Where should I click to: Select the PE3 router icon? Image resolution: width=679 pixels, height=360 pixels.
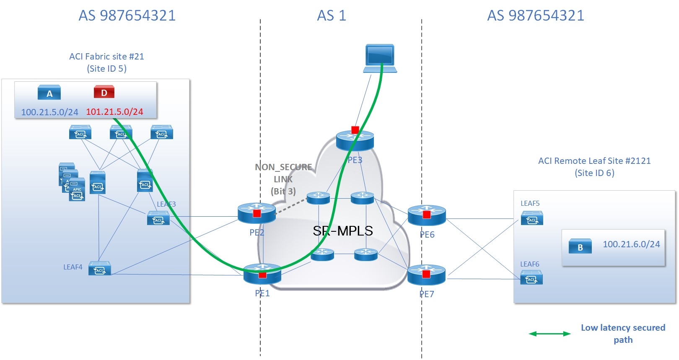[355, 141]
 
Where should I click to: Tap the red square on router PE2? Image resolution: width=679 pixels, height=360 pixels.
[257, 213]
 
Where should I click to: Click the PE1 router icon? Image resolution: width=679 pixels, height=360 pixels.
[262, 274]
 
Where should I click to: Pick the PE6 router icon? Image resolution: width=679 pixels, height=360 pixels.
[427, 215]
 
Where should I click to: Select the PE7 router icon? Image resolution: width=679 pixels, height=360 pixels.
[426, 275]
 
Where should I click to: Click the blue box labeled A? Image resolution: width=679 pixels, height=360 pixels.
[49, 93]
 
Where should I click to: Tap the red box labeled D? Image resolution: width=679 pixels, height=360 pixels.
[104, 92]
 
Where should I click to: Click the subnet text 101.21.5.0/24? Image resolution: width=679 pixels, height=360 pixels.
[114, 112]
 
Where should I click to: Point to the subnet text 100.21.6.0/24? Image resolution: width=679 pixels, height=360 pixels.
[631, 244]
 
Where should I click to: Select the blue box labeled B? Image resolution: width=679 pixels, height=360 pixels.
[580, 246]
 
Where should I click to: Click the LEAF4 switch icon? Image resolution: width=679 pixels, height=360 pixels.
[100, 269]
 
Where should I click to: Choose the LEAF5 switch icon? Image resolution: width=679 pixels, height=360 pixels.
[532, 218]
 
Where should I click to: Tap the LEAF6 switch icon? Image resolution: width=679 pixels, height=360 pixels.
[531, 278]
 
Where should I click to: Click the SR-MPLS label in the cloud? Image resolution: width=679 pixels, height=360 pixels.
[342, 231]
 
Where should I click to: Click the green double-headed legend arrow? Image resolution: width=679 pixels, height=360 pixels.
[549, 334]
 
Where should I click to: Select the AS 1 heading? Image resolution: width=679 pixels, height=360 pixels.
[331, 16]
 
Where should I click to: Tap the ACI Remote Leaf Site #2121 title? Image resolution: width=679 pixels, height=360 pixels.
[594, 161]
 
